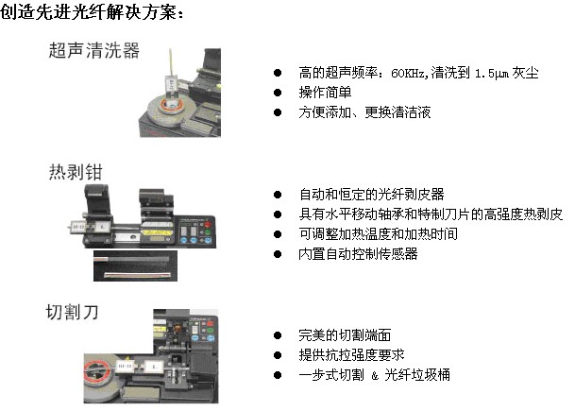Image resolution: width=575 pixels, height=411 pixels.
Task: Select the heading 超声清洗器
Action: pos(94,50)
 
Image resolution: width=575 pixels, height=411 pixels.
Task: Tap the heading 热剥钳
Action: pos(76,172)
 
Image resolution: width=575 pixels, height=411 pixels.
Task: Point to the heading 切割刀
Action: pos(73,313)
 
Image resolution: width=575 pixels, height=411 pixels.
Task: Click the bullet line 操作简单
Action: pos(326,92)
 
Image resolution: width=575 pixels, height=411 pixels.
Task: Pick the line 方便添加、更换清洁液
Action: pos(364,111)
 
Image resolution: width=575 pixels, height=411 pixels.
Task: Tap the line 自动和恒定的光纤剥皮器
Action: pos(371,194)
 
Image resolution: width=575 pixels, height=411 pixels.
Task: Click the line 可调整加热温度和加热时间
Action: pos(378,233)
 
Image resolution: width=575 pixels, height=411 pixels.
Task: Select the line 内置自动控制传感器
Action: pos(358,253)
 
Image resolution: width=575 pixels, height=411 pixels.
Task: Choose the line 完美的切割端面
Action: pos(345,335)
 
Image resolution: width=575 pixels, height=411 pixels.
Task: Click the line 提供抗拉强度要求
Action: pos(351,355)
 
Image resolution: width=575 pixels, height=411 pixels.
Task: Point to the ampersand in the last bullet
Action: pos(375,375)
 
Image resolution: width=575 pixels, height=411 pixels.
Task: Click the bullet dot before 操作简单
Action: pos(278,93)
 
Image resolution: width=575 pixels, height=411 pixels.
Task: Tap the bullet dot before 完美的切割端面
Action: pos(278,335)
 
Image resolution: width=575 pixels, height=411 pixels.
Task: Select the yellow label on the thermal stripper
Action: pos(156,232)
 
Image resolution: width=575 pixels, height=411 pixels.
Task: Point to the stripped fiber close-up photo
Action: pos(135,266)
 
